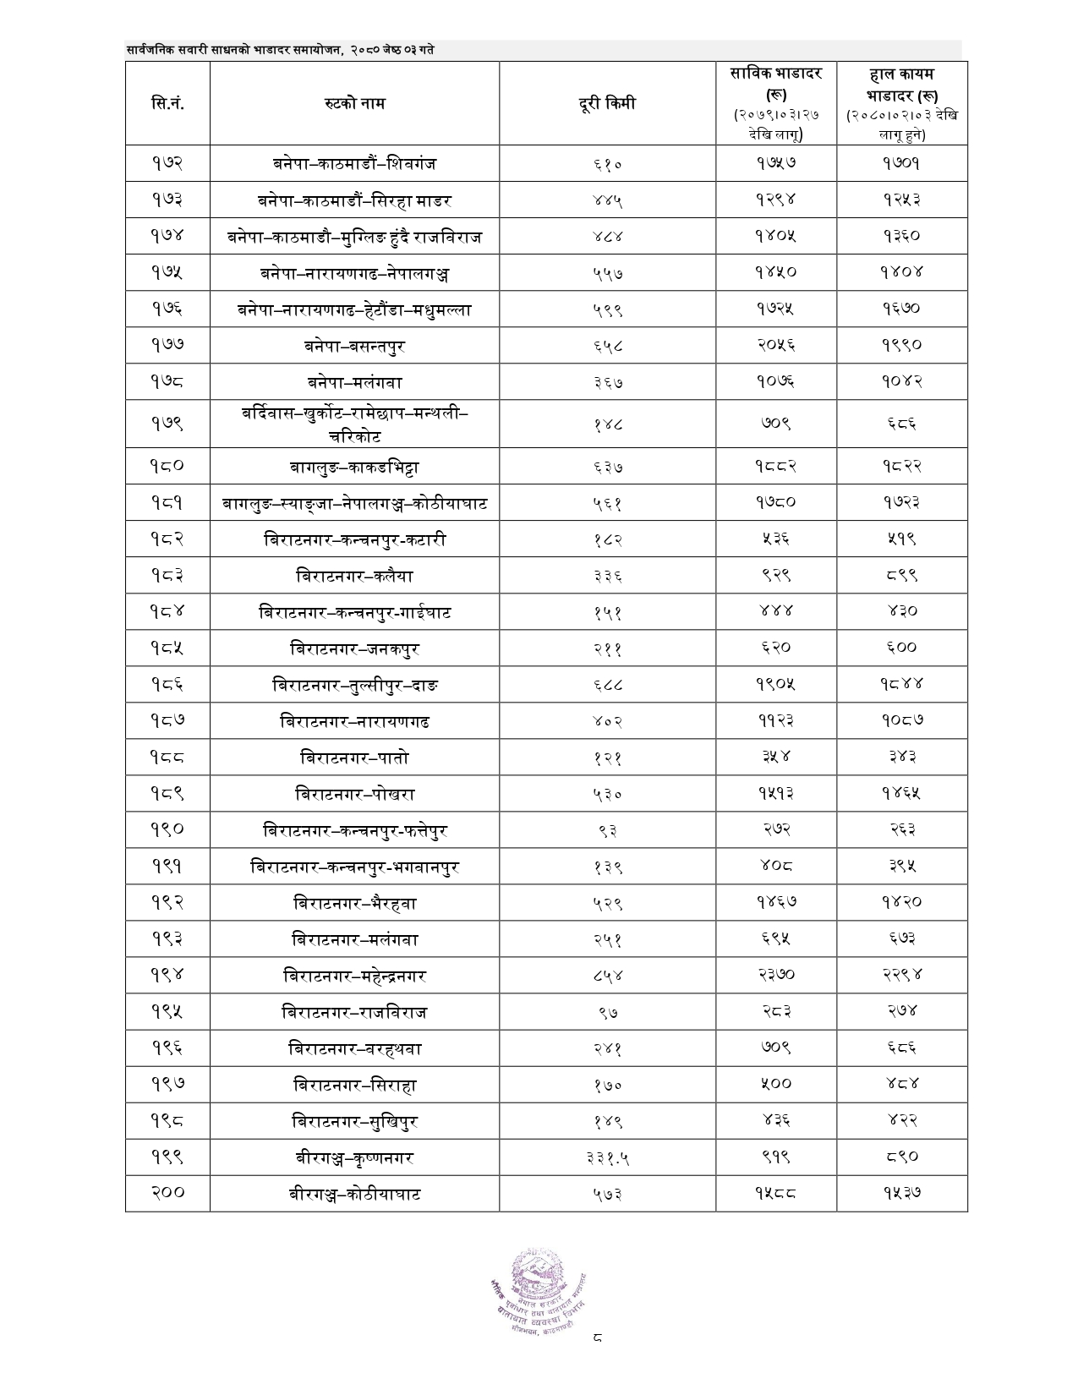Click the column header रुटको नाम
click(354, 104)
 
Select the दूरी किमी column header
click(607, 104)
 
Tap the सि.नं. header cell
click(167, 104)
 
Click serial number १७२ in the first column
click(167, 163)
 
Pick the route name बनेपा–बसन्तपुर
click(354, 346)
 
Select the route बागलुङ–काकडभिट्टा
click(354, 467)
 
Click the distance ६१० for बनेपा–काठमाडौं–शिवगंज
click(607, 164)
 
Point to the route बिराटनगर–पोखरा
click(354, 795)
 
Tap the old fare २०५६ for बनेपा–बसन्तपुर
click(776, 345)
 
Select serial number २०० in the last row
click(167, 1193)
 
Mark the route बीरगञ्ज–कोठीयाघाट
click(354, 1195)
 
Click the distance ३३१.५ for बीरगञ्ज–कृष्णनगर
click(607, 1158)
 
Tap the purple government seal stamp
click(540, 1284)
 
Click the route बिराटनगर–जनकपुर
click(354, 649)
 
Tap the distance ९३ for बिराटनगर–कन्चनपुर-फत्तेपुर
click(607, 831)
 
